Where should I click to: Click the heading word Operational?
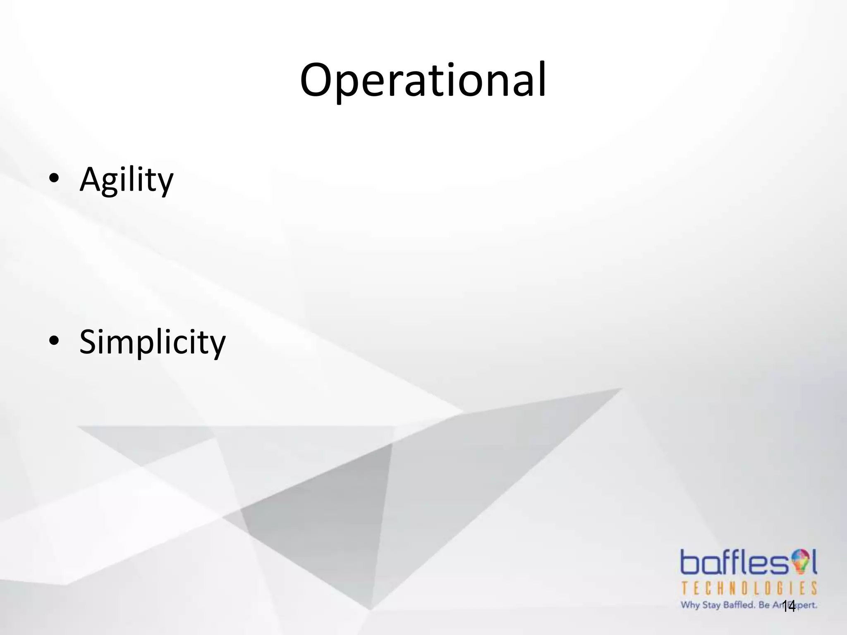(x=423, y=81)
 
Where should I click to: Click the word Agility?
(x=126, y=180)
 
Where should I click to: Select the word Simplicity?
(x=152, y=342)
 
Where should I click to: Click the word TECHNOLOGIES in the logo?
(x=749, y=588)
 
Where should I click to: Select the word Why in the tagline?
(x=690, y=605)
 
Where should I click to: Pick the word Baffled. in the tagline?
(x=739, y=605)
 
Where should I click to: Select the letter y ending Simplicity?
(x=217, y=346)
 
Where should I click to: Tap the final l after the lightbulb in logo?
(x=814, y=561)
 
